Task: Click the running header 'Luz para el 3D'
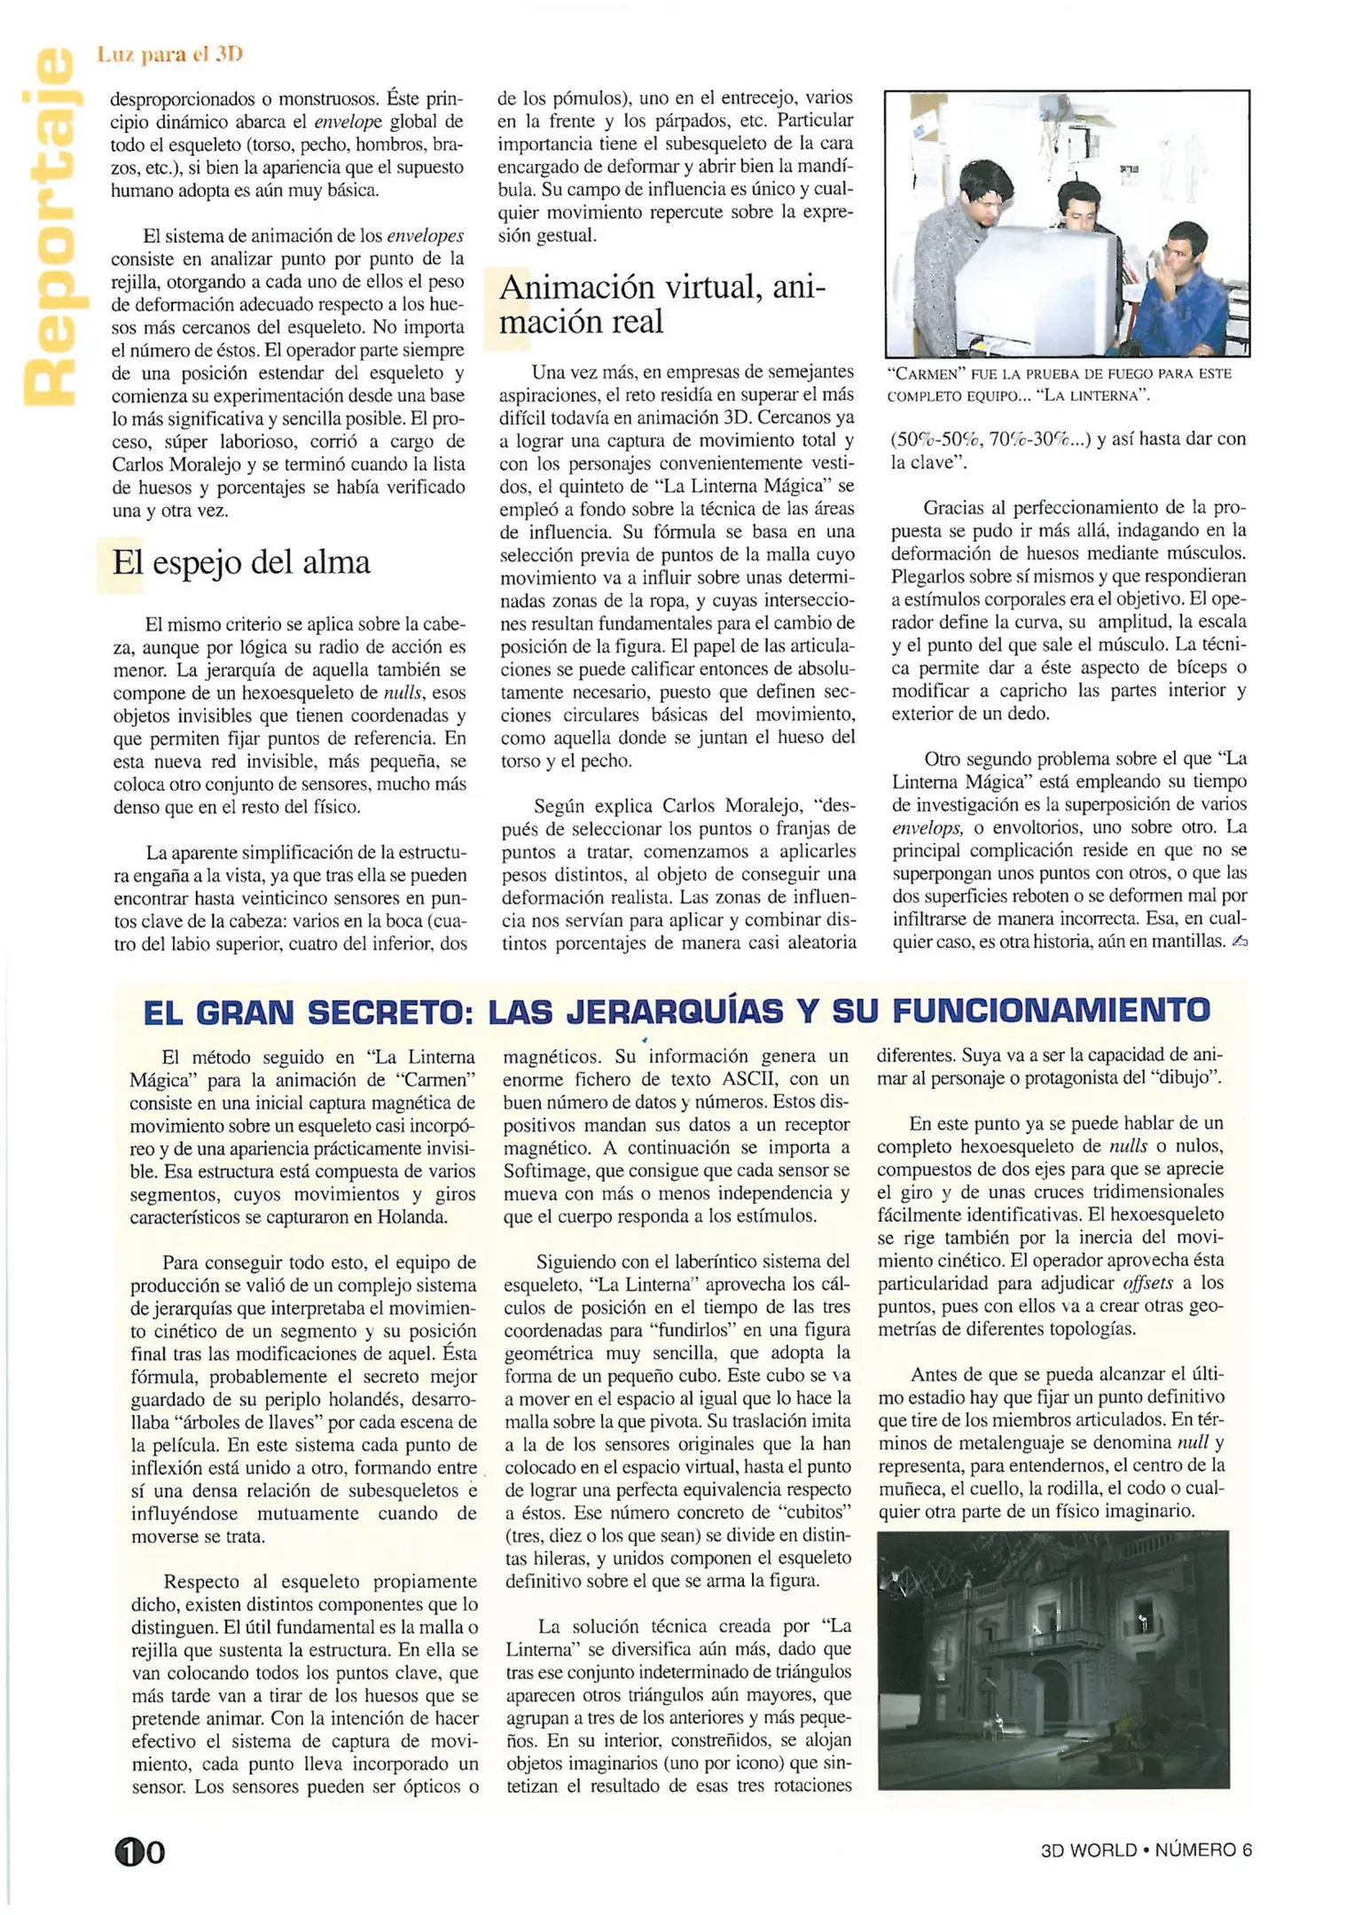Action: pyautogui.click(x=169, y=54)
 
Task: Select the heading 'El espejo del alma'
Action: pyautogui.click(x=240, y=562)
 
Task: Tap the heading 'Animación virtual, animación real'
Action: pyautogui.click(x=661, y=304)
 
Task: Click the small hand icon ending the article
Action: pyautogui.click(x=1239, y=942)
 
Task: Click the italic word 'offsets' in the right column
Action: pyautogui.click(x=1147, y=1283)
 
